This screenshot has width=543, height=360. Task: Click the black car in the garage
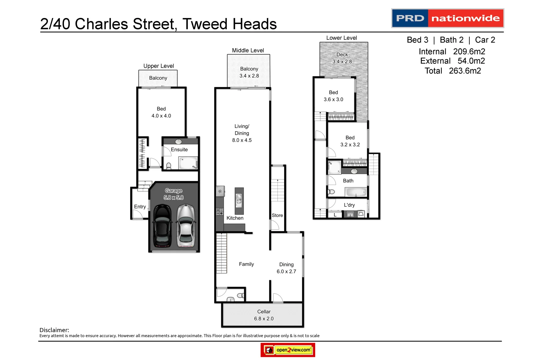(162, 226)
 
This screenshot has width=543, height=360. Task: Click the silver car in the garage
(186, 226)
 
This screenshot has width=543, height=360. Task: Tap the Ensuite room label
(179, 150)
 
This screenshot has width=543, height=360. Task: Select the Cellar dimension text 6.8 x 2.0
(264, 319)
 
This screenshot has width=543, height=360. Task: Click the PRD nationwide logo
(447, 18)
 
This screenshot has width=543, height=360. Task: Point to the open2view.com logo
(288, 350)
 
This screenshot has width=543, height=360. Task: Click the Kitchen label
(235, 218)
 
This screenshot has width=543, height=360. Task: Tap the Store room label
(277, 215)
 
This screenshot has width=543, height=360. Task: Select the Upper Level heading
(159, 66)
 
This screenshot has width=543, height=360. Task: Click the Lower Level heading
(341, 38)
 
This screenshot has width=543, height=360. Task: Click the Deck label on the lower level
(342, 55)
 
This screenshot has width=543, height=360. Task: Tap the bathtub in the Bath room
(356, 192)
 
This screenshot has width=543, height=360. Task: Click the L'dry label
(349, 205)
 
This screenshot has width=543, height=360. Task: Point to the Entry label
(140, 207)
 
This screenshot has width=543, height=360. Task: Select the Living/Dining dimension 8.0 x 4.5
(242, 140)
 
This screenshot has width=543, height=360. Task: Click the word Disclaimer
(54, 330)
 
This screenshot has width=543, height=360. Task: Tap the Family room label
(246, 264)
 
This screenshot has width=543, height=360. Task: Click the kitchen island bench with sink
(239, 201)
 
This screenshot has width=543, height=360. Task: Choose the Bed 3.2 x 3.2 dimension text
(350, 145)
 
